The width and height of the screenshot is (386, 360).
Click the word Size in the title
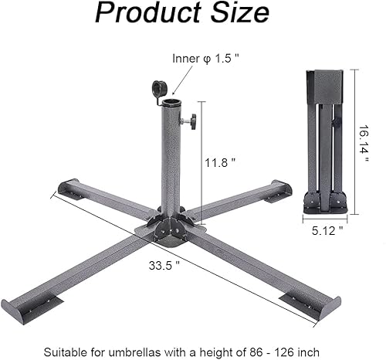(240, 14)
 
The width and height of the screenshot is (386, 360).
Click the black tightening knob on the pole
(189, 121)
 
